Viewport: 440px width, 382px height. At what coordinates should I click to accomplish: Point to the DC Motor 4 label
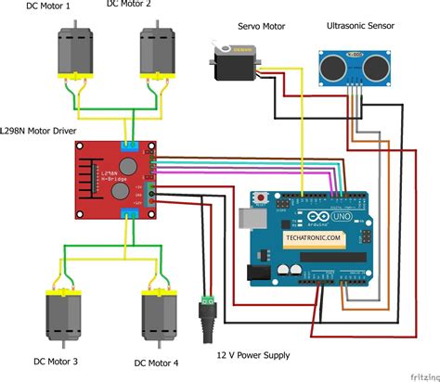point(156,363)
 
